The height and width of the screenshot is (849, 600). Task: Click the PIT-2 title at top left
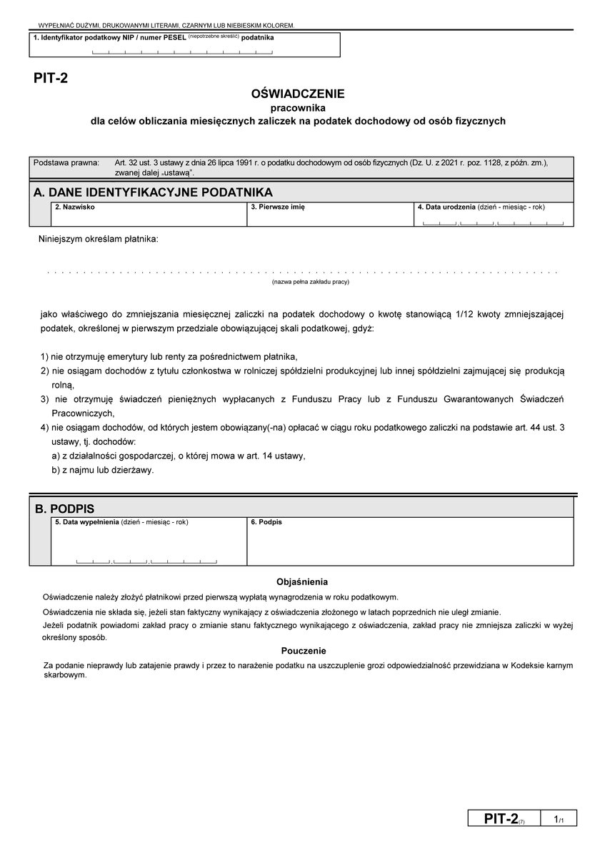click(50, 79)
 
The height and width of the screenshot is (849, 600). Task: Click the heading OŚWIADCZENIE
click(298, 94)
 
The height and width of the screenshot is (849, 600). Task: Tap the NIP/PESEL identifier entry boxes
click(182, 51)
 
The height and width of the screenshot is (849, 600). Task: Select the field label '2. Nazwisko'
click(74, 207)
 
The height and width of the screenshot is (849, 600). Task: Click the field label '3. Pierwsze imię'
click(278, 207)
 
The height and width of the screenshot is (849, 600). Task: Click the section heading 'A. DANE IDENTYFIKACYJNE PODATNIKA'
click(153, 192)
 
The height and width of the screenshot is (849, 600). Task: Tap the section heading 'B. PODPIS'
click(65, 509)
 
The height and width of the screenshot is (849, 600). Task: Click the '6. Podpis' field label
click(266, 522)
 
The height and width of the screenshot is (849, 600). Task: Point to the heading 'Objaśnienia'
click(302, 581)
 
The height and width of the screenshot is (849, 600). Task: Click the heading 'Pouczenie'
click(304, 651)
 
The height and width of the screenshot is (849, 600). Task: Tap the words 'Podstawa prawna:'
click(66, 163)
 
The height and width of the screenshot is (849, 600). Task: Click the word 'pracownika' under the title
click(298, 107)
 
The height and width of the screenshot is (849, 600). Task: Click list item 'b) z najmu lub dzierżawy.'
click(103, 470)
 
